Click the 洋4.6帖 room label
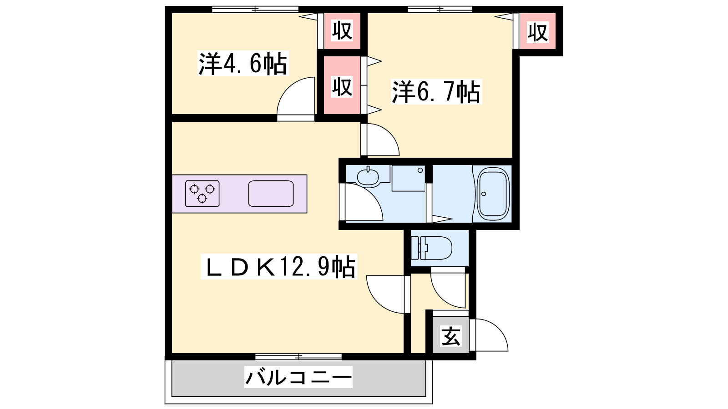[x=243, y=63]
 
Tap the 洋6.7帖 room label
[x=436, y=92]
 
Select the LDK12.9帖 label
[x=279, y=266]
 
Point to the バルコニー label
[x=298, y=377]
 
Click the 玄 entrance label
[x=451, y=336]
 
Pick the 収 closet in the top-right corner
[x=537, y=31]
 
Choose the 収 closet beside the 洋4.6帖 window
[x=342, y=31]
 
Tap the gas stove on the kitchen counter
[x=202, y=194]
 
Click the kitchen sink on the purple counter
[x=271, y=194]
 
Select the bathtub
[x=493, y=194]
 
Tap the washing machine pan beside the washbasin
[x=409, y=178]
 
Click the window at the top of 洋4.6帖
[x=255, y=10]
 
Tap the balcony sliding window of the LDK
[x=298, y=357]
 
